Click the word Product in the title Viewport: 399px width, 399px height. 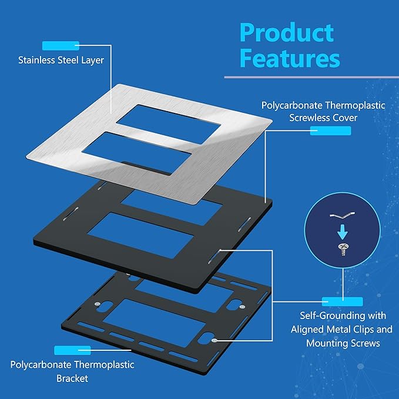(287, 33)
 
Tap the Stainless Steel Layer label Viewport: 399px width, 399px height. (61, 60)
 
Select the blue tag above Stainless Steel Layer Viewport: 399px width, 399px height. (60, 45)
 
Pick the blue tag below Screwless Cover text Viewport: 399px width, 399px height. (330, 131)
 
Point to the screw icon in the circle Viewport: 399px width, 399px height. (341, 249)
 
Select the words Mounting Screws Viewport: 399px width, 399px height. (343, 343)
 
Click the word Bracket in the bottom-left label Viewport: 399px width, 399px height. (72, 378)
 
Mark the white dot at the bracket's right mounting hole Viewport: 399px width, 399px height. (215, 340)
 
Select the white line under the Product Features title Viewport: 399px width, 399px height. (311, 77)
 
